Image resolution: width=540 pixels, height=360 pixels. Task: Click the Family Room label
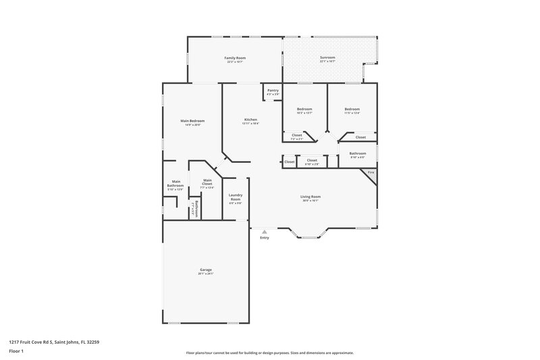click(235, 58)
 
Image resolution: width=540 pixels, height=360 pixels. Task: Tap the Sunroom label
click(327, 58)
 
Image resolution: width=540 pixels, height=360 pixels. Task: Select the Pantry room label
click(273, 91)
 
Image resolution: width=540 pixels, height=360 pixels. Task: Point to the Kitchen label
click(250, 120)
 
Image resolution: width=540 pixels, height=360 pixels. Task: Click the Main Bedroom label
click(192, 121)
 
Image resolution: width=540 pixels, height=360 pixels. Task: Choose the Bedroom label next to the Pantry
click(305, 109)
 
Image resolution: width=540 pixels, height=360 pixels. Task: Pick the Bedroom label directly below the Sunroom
click(352, 109)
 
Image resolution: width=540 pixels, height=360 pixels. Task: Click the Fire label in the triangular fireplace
click(371, 173)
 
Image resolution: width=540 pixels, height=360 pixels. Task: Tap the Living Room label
click(310, 197)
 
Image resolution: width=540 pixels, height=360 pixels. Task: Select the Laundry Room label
click(235, 197)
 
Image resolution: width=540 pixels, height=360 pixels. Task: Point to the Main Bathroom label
click(175, 183)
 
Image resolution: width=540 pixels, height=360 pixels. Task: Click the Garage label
click(205, 269)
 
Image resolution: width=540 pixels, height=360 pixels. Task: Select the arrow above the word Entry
click(264, 232)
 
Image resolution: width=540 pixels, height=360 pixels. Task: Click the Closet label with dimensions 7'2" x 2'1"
click(297, 135)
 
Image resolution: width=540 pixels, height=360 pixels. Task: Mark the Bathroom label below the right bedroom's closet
click(357, 153)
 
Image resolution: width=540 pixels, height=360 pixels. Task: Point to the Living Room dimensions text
click(310, 201)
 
